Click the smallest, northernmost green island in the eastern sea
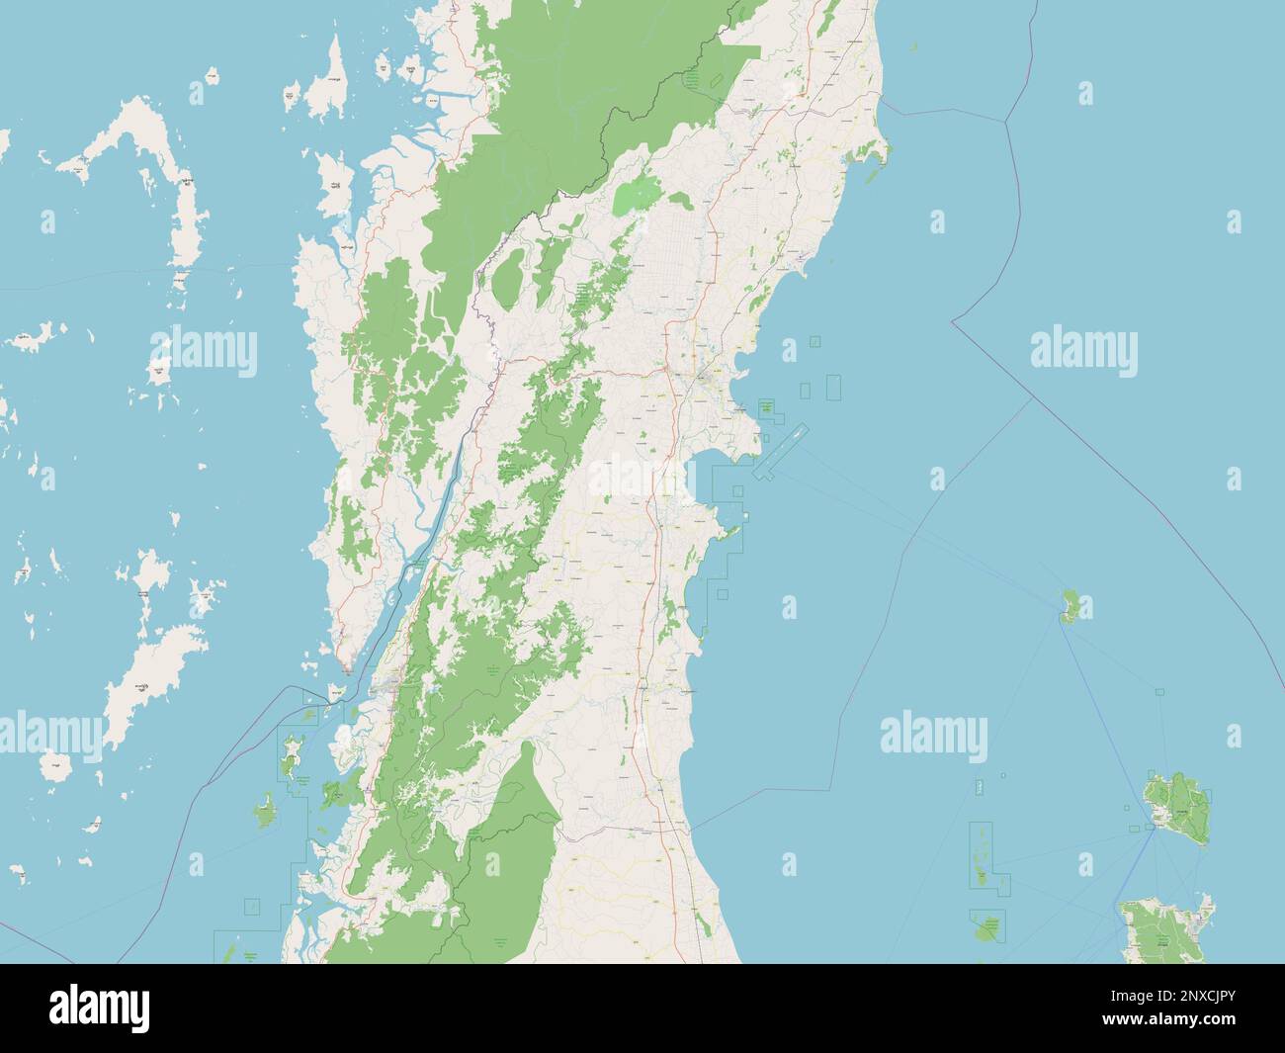click(x=1069, y=604)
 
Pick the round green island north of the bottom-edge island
click(x=1177, y=808)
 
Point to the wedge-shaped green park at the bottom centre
click(x=514, y=850)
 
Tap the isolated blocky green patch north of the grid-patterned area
click(x=642, y=195)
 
